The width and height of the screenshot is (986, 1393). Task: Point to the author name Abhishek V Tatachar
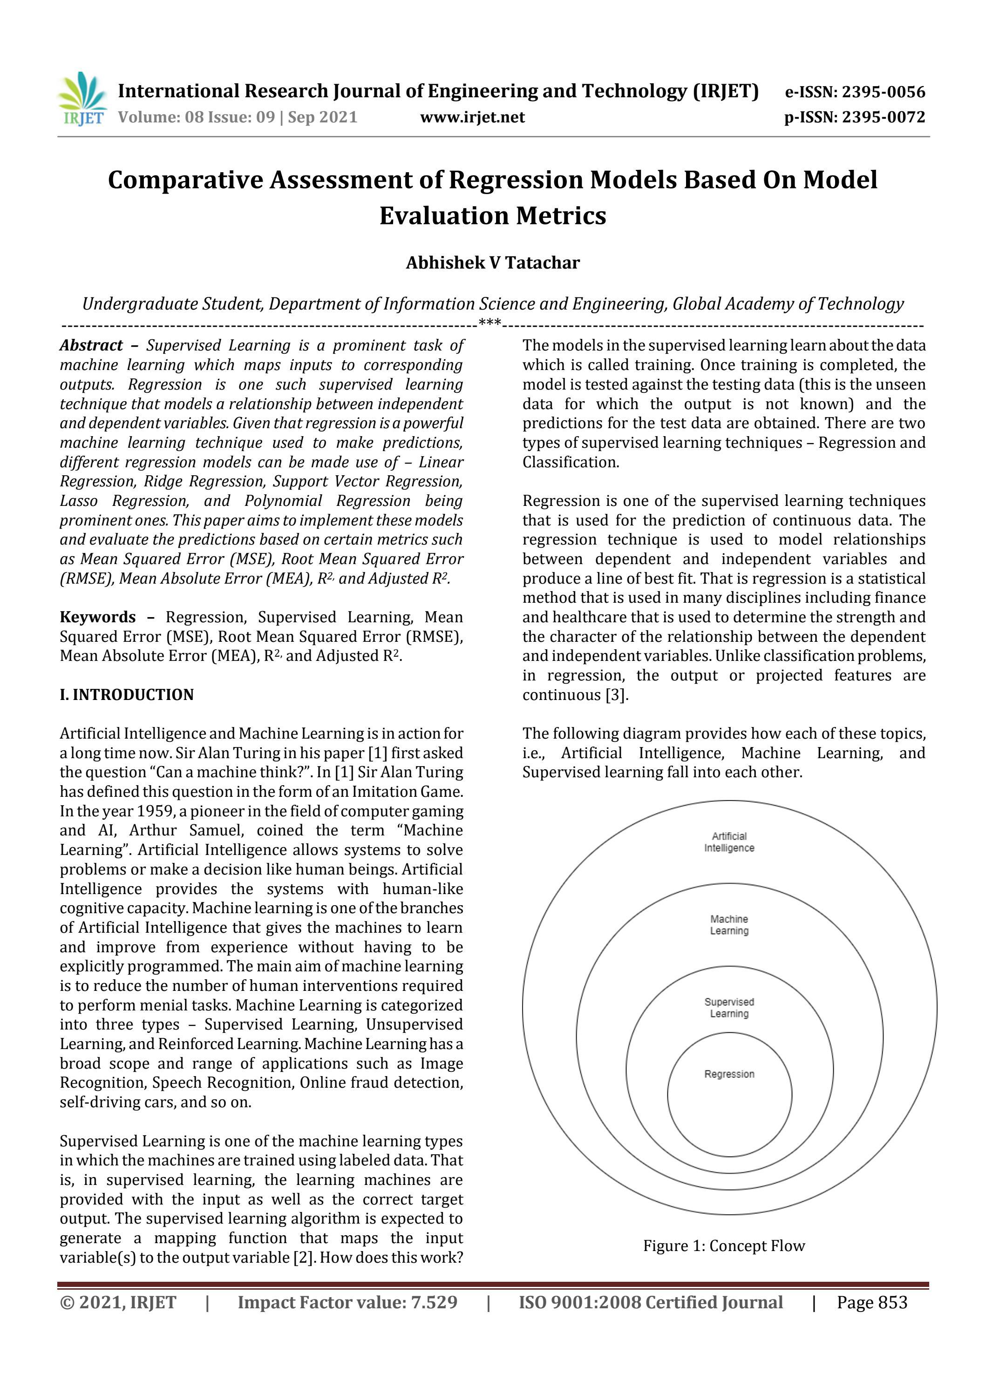pyautogui.click(x=493, y=262)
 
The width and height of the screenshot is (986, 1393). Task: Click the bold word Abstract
pyautogui.click(x=91, y=346)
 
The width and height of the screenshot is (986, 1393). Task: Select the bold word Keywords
pyautogui.click(x=98, y=617)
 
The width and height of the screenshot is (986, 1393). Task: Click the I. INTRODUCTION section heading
pyautogui.click(x=126, y=695)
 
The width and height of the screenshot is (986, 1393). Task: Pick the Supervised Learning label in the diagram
pyautogui.click(x=729, y=1008)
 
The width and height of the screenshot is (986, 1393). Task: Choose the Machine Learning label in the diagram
pyautogui.click(x=729, y=925)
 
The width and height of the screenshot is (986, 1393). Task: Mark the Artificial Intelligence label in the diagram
pyautogui.click(x=729, y=842)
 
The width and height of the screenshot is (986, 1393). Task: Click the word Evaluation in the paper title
pyautogui.click(x=444, y=215)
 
